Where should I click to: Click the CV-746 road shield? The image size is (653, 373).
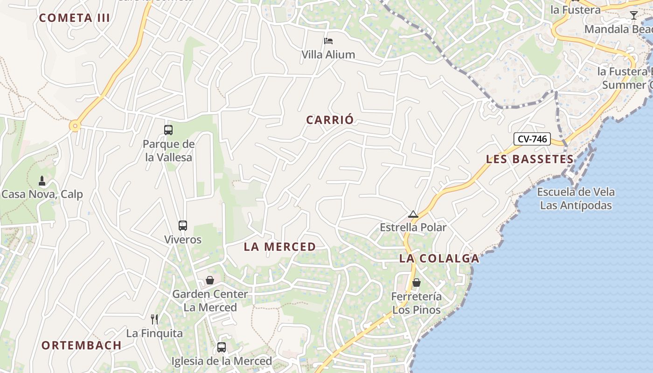532,139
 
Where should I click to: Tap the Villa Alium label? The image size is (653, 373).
328,55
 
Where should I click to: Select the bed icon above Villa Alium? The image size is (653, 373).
328,41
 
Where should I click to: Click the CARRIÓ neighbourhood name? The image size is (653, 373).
330,120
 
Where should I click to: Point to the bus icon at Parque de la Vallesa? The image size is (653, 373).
168,130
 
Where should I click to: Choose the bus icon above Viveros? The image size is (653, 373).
183,226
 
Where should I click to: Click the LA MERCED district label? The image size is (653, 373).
280,247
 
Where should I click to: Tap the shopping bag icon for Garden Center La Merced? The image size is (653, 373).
210,280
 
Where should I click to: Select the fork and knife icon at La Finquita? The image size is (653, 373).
154,319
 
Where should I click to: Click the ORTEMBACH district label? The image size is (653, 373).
82,345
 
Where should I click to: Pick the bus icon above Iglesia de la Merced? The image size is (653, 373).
222,347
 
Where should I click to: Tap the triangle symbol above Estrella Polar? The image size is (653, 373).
413,214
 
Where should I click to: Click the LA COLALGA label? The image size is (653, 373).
439,259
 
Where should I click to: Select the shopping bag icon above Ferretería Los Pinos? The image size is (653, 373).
417,283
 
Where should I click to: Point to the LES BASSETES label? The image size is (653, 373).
530,159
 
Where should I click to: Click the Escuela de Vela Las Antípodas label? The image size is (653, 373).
576,199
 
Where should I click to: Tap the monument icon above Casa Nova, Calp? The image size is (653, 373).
42,181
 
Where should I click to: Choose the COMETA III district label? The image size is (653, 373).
75,18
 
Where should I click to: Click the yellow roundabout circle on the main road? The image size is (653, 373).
75,125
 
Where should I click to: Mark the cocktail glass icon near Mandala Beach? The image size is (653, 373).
633,15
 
